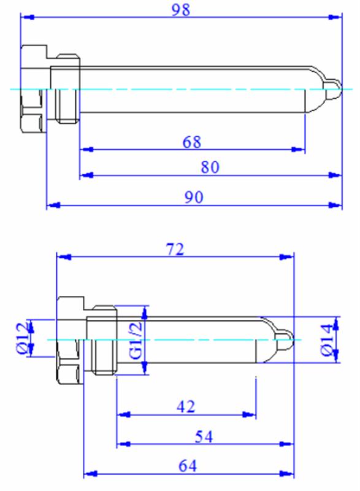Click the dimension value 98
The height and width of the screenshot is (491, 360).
click(x=181, y=9)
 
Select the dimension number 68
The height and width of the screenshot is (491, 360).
click(x=192, y=142)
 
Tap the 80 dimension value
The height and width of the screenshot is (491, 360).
click(x=210, y=167)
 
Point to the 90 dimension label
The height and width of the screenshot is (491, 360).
click(x=194, y=197)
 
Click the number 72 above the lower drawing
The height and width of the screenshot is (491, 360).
click(x=175, y=250)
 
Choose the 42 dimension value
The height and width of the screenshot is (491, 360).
click(x=186, y=407)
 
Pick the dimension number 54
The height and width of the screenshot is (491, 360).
click(x=204, y=436)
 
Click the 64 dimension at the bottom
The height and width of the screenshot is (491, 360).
click(x=188, y=466)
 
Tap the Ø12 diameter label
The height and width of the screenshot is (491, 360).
click(x=23, y=338)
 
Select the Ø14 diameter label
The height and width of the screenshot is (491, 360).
click(x=326, y=340)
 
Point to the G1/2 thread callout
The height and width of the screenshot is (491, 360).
click(x=136, y=341)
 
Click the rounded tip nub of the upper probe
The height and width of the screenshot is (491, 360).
click(x=333, y=89)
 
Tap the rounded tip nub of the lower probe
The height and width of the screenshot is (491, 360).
click(x=285, y=340)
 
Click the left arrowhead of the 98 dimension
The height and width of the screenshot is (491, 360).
click(x=27, y=17)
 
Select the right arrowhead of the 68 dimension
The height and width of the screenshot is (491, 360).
click(x=298, y=149)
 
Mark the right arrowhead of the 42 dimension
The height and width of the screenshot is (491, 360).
click(x=249, y=415)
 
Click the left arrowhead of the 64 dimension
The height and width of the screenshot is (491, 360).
click(x=90, y=473)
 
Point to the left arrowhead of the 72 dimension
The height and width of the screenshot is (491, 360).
click(x=64, y=257)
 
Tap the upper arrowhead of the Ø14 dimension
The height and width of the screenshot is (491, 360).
click(x=335, y=323)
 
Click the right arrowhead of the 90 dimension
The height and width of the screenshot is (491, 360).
click(x=335, y=205)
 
